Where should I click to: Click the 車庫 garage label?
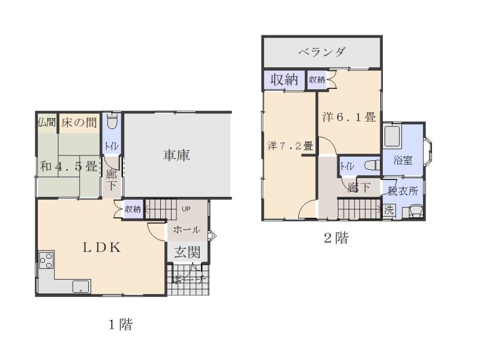[x=176, y=155]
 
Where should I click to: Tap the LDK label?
[x=102, y=247]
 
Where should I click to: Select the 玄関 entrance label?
[x=187, y=253]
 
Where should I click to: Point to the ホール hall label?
[x=187, y=230]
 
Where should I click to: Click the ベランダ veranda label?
[x=322, y=52]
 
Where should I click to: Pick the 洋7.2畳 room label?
[x=290, y=145]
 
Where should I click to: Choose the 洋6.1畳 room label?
[x=349, y=118]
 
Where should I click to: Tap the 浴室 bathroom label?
[x=403, y=160]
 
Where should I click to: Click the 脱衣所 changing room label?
[x=403, y=192]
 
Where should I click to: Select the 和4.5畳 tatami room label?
[x=68, y=167]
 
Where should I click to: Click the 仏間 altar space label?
[x=47, y=122]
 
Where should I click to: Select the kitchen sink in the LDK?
[x=80, y=286]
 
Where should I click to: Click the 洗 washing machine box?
[x=389, y=211]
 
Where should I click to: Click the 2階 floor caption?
[x=336, y=238]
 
